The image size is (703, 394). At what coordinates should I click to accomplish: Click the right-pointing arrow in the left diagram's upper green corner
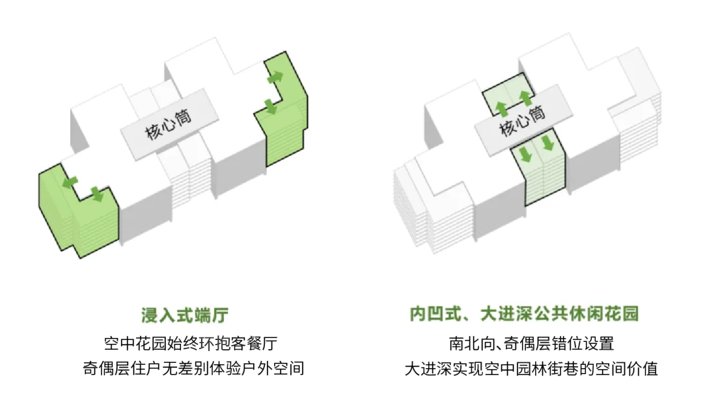275,77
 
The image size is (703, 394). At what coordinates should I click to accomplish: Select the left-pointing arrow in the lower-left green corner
68,183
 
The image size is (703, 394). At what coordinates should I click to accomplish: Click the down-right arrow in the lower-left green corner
97,193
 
